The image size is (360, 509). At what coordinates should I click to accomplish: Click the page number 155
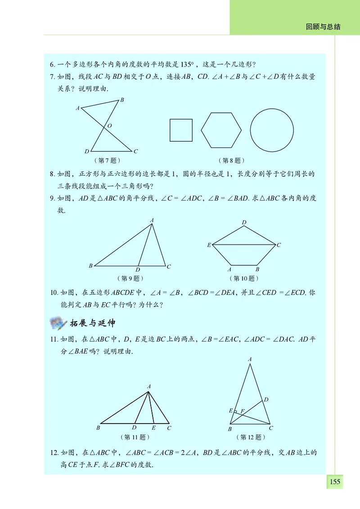click(335, 482)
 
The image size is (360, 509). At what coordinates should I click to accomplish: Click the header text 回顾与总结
click(323, 27)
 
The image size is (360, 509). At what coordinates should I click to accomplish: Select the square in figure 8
click(181, 130)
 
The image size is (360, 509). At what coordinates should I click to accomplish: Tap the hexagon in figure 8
click(220, 130)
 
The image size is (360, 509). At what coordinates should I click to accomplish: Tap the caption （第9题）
click(130, 278)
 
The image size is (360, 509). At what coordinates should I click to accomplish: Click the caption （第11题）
click(135, 437)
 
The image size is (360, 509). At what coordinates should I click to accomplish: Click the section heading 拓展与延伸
click(93, 323)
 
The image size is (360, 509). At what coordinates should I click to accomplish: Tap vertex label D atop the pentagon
click(244, 223)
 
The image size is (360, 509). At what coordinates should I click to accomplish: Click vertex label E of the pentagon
click(209, 245)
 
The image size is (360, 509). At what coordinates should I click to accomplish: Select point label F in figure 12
click(242, 411)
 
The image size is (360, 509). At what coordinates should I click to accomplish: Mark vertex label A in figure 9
click(152, 220)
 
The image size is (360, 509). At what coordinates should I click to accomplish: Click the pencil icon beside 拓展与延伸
click(58, 322)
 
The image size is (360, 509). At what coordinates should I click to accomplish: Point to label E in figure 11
click(153, 428)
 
